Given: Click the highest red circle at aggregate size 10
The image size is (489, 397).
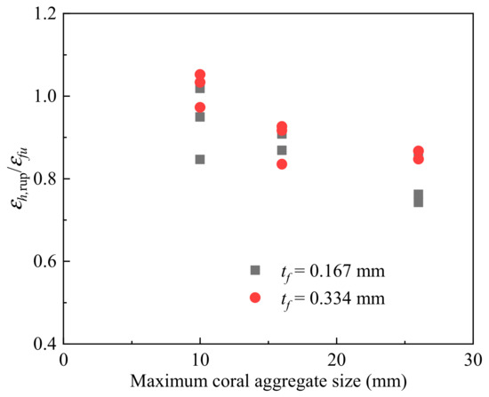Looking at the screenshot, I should coord(200,75).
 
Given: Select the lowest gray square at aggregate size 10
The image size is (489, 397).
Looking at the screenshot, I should coord(200,160).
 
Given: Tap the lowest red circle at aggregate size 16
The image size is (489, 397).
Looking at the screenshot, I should coord(282,163).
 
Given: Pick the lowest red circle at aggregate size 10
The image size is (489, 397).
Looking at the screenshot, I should coord(200,107).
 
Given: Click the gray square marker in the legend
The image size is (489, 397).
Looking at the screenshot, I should coord(255,270).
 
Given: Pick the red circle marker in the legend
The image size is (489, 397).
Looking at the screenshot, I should coord(255,298).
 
